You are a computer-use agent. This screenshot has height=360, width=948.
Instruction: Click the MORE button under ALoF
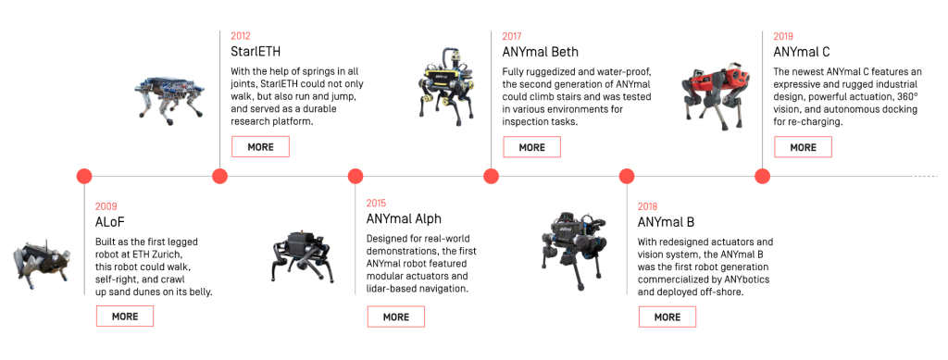pyautogui.click(x=125, y=317)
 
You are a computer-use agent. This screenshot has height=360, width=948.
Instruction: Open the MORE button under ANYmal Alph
pyautogui.click(x=396, y=317)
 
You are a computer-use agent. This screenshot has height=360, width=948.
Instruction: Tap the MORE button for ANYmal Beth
pyautogui.click(x=532, y=147)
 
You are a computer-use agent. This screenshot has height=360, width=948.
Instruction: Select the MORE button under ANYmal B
pyautogui.click(x=667, y=317)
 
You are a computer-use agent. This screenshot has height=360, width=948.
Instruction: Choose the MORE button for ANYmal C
pyautogui.click(x=803, y=147)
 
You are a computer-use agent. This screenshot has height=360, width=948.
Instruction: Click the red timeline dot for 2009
pyautogui.click(x=84, y=177)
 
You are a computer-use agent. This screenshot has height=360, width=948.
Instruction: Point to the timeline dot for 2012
pyautogui.click(x=219, y=177)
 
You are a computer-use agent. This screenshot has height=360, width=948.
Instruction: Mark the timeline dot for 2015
pyautogui.click(x=355, y=177)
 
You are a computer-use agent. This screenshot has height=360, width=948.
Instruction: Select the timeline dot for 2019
pyautogui.click(x=763, y=177)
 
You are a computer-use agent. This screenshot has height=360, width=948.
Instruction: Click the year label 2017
pyautogui.click(x=511, y=36)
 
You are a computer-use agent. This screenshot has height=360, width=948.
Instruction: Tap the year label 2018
pyautogui.click(x=647, y=206)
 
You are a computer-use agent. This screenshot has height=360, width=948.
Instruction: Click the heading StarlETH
pyautogui.click(x=256, y=51)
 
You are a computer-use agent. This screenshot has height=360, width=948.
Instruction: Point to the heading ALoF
pyautogui.click(x=109, y=221)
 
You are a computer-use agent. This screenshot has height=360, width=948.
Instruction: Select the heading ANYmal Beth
pyautogui.click(x=540, y=52)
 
